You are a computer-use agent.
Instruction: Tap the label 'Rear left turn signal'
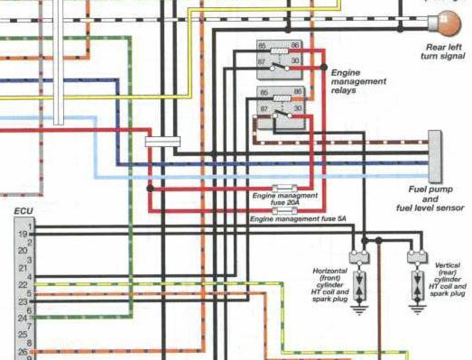[x=442, y=51]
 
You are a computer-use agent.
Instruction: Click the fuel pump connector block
[x=435, y=155]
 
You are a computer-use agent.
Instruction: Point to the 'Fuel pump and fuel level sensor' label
[x=430, y=198]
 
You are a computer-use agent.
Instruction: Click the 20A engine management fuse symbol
[x=284, y=188]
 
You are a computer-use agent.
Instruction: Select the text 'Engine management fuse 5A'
[x=298, y=219]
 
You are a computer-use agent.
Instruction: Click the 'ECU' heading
[x=23, y=211]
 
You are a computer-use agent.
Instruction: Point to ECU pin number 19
[x=23, y=234]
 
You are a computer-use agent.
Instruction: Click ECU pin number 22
[x=23, y=285]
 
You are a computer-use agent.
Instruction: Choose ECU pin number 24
[x=23, y=318]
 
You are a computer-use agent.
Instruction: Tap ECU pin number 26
[x=23, y=351]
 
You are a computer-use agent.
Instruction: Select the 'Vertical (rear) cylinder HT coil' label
[x=448, y=280]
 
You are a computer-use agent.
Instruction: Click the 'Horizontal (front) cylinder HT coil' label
[x=330, y=285]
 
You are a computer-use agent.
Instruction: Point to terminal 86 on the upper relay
[x=295, y=45]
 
